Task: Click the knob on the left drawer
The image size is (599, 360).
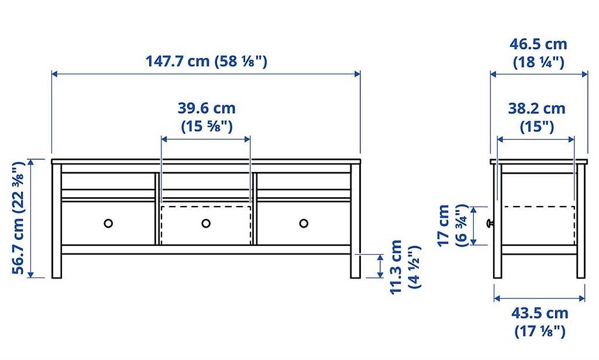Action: click(108, 223)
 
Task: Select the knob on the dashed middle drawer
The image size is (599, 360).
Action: click(206, 223)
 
